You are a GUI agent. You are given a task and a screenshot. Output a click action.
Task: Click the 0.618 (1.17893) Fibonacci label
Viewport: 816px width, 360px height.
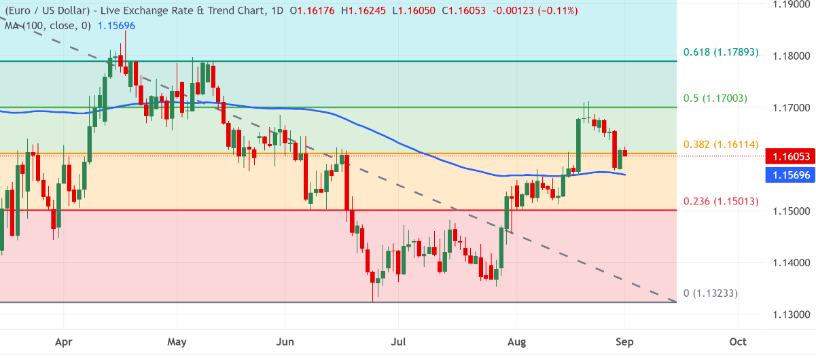[721, 52]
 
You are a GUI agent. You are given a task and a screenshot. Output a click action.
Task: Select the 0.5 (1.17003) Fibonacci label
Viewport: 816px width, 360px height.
[715, 98]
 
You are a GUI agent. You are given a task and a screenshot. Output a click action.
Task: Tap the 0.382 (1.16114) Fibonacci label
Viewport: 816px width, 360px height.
[721, 145]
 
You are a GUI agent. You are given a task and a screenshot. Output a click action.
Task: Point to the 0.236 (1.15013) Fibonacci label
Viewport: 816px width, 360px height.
[721, 201]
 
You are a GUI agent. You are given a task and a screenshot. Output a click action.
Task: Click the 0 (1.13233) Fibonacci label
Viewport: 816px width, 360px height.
[711, 293]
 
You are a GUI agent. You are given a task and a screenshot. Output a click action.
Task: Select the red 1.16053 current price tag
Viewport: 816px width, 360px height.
[790, 156]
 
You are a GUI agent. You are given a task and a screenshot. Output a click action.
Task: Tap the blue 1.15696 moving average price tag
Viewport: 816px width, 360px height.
[790, 175]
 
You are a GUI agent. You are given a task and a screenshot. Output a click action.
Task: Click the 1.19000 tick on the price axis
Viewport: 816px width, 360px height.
[792, 5]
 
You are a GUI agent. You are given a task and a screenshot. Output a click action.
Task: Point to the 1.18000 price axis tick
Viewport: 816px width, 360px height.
[792, 56]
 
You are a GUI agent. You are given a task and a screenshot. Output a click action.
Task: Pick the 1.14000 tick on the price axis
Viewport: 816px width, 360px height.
[792, 262]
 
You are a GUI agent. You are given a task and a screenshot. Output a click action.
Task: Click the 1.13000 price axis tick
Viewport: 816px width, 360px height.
[792, 314]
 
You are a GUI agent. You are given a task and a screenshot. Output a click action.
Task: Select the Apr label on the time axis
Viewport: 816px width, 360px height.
[64, 342]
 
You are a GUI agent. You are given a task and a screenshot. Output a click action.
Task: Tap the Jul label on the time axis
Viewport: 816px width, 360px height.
[398, 342]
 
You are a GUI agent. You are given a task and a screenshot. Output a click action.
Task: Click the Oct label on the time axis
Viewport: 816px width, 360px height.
[738, 342]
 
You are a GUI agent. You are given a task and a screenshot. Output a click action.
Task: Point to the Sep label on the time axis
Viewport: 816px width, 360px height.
[625, 342]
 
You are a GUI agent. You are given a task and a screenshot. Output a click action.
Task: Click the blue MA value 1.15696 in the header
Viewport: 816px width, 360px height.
[116, 26]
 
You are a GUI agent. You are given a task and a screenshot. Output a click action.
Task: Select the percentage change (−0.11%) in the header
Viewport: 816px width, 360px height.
[556, 11]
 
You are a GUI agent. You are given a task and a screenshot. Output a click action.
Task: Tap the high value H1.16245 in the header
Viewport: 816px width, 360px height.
[363, 11]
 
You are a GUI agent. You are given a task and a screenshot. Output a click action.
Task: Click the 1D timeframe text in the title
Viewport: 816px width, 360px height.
[277, 11]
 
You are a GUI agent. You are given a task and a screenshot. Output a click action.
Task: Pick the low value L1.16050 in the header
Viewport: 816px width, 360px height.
[414, 11]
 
